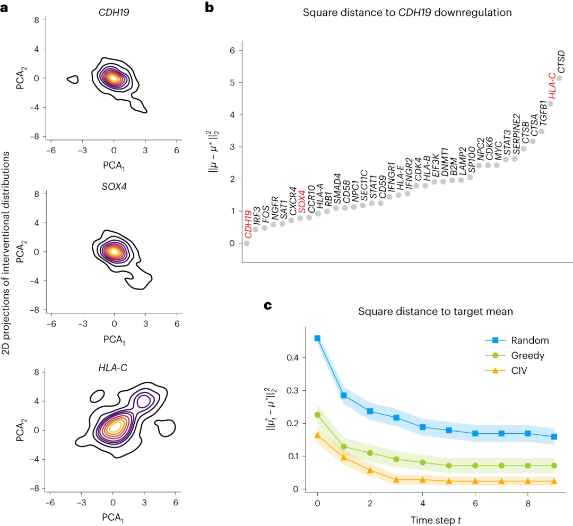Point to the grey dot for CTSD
click(559, 78)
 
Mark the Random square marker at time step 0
click(317, 338)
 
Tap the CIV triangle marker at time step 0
click(317, 435)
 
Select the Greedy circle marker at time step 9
click(554, 466)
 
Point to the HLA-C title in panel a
click(113, 364)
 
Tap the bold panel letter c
click(268, 305)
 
